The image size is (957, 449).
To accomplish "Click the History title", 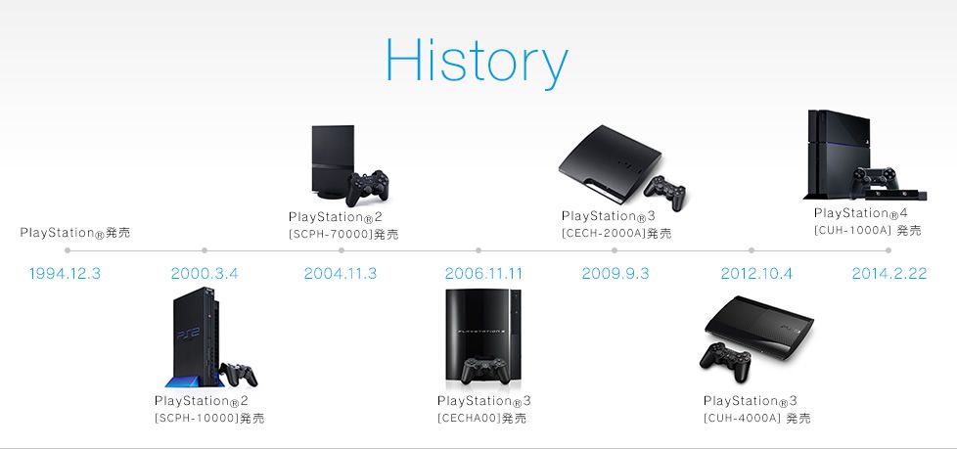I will point(477,62).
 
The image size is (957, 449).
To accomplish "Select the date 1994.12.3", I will point(66,273).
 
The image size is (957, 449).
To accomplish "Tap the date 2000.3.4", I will point(205,273).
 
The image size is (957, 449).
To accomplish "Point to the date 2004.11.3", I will point(341,273).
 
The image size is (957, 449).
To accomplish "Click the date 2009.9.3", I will point(615,273).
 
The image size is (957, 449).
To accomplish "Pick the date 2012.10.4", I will point(751,273).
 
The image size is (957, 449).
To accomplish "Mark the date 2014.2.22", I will point(889,273).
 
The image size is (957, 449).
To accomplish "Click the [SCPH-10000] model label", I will point(209,419).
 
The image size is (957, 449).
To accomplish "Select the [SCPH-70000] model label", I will point(343,235).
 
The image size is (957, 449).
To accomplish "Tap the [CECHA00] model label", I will point(481,419).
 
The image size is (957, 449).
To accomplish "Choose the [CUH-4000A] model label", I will point(756,419).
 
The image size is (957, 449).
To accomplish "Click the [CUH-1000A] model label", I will point(867,231).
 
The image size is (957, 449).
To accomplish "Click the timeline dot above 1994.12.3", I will point(67,250).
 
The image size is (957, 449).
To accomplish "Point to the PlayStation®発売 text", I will point(74,234).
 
